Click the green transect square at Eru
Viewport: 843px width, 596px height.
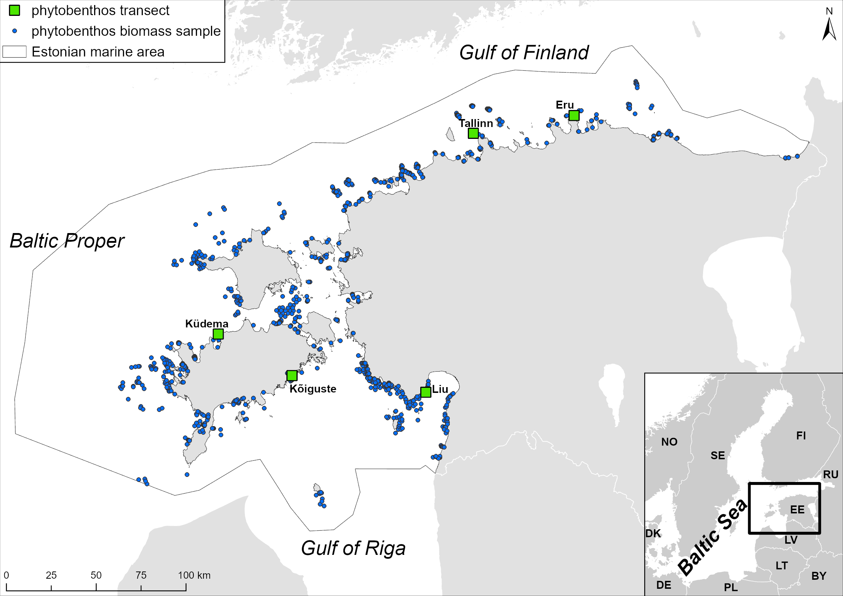[574, 115]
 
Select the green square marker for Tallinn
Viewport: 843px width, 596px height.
[473, 133]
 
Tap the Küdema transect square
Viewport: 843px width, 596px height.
[218, 334]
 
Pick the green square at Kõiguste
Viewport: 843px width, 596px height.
[292, 375]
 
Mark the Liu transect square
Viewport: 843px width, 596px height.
[426, 392]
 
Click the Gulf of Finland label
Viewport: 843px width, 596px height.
[524, 53]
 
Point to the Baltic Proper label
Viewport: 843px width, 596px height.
[67, 241]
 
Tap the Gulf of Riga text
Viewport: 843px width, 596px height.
[353, 548]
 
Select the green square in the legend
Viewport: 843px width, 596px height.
[14, 11]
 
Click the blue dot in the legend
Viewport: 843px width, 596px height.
[14, 31]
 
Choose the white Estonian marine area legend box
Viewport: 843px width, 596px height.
[14, 52]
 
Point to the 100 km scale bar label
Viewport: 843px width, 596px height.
[194, 575]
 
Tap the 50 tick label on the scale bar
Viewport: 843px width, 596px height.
[96, 575]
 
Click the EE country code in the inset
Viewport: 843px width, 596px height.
[797, 510]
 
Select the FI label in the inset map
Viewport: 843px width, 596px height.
[801, 435]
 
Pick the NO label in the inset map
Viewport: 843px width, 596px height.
[669, 442]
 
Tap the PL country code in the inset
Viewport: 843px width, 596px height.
[731, 587]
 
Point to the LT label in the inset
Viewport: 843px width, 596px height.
[782, 566]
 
